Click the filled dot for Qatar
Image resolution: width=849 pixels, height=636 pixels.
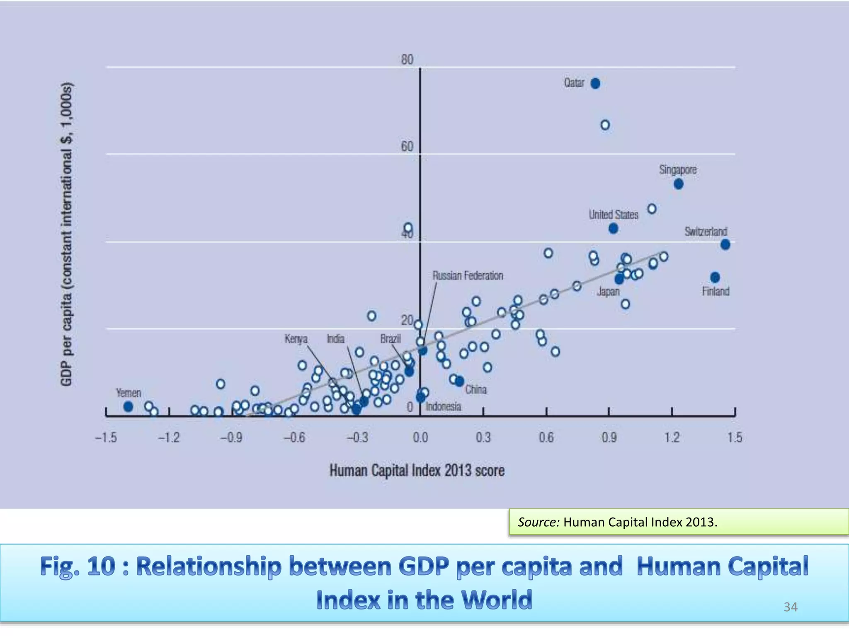tap(595, 84)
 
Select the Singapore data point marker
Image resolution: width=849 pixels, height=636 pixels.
tap(678, 184)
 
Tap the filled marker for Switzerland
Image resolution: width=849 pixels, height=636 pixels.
tap(725, 245)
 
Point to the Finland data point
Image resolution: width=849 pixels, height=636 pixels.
tap(715, 277)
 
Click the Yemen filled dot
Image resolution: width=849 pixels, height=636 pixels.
tap(129, 407)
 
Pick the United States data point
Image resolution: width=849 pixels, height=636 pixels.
tap(613, 229)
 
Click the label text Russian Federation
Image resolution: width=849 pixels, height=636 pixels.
tap(468, 276)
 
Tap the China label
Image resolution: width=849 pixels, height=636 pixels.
tap(475, 390)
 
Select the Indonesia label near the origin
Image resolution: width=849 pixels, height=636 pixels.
tap(443, 407)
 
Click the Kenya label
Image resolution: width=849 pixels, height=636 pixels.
tap(296, 339)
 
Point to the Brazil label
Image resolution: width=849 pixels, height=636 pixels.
tap(391, 339)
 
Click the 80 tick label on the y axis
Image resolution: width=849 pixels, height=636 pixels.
tap(407, 60)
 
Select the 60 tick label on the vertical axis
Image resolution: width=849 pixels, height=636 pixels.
tap(407, 147)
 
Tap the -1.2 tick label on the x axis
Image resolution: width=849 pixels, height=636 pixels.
tap(169, 438)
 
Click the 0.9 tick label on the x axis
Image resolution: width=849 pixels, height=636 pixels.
tap(609, 438)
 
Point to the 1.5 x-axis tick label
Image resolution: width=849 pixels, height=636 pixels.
tap(735, 438)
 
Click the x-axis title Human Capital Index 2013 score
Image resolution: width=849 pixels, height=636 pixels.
tap(417, 471)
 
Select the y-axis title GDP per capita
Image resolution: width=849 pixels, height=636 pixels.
tap(67, 234)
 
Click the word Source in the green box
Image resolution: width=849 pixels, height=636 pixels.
tap(538, 522)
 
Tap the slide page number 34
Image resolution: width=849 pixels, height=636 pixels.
tap(790, 607)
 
